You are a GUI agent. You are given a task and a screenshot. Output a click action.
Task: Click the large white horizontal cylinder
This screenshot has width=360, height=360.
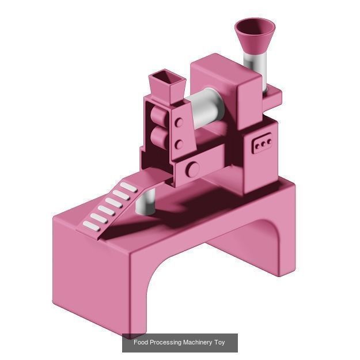tap(206, 109)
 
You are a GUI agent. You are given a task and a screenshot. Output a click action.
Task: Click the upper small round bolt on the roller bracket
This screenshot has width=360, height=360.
tap(179, 123)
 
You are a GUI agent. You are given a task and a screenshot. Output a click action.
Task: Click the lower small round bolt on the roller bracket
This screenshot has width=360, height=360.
tap(179, 144)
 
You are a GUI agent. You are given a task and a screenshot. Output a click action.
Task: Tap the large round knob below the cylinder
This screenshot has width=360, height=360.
tap(193, 169)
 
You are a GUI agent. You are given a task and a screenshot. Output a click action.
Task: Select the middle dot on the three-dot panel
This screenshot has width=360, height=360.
tap(263, 143)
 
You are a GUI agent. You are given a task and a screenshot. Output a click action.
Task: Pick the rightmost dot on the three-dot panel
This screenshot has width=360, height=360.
tap(268, 141)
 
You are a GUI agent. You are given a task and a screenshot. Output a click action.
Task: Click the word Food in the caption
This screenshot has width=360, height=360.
tap(141, 343)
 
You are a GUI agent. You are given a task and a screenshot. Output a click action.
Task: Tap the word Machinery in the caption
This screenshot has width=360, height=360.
tap(198, 343)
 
